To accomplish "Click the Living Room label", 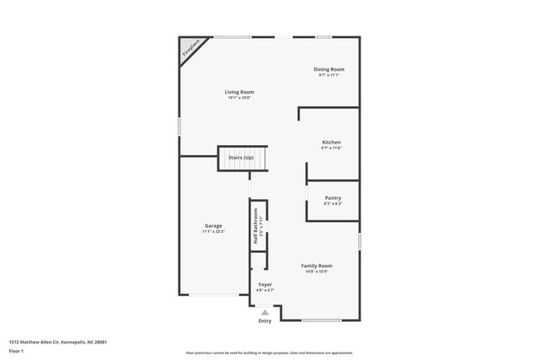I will (x=240, y=92).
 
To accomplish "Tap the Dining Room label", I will (x=329, y=69).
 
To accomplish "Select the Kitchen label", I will (x=332, y=142).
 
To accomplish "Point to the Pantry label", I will (x=333, y=197).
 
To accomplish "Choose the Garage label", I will (x=214, y=226).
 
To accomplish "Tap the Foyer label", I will (x=265, y=285).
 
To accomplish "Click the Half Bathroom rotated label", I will (x=256, y=225).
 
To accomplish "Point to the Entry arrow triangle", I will (x=265, y=313).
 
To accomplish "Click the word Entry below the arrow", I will (x=265, y=321).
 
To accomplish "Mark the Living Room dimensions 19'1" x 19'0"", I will (x=240, y=98).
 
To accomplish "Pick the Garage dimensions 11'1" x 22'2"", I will (x=214, y=231).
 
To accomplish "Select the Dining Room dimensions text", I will (x=329, y=75).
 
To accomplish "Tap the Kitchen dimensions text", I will (x=332, y=148).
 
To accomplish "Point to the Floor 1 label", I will (x=17, y=351).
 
